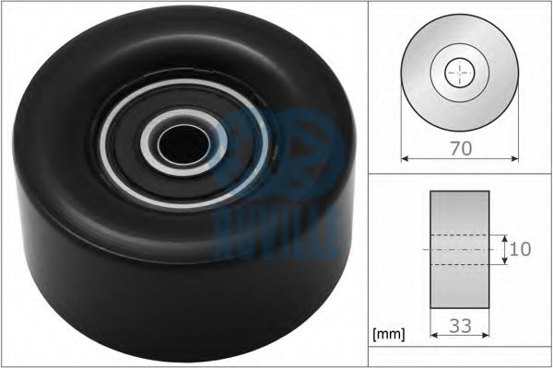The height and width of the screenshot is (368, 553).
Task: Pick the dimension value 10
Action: tap(522, 248)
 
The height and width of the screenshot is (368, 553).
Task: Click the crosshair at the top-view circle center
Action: tap(457, 73)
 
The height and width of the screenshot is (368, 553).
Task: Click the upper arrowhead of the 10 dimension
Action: tap(505, 236)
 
